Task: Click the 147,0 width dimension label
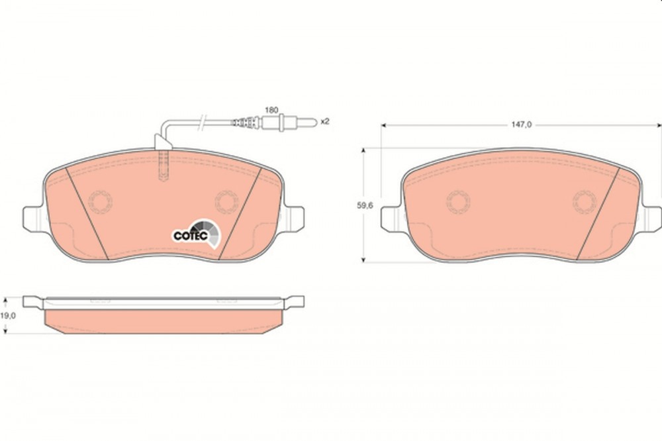522,124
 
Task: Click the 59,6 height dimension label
365,206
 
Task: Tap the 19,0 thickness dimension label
7,315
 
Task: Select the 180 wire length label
271,110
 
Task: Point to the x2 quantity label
324,122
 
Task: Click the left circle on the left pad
101,201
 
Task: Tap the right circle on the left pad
226,201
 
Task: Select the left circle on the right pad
459,201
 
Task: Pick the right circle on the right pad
585,201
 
